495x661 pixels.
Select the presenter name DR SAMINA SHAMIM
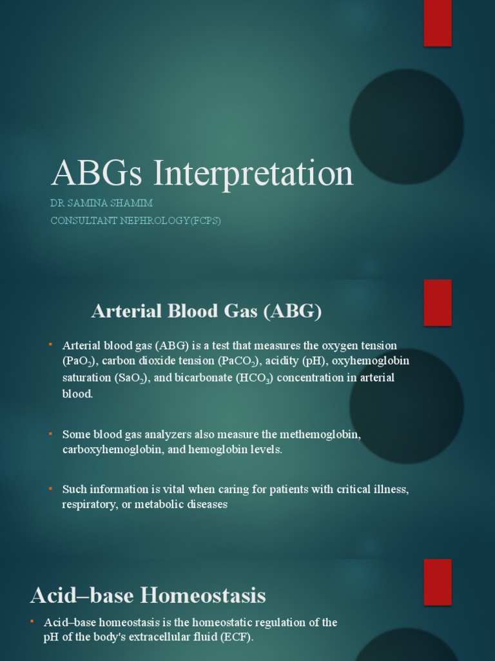[101, 203]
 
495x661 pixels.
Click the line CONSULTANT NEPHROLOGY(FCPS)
[135, 220]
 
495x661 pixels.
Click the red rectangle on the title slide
[437, 23]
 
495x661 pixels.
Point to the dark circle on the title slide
[406, 127]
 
